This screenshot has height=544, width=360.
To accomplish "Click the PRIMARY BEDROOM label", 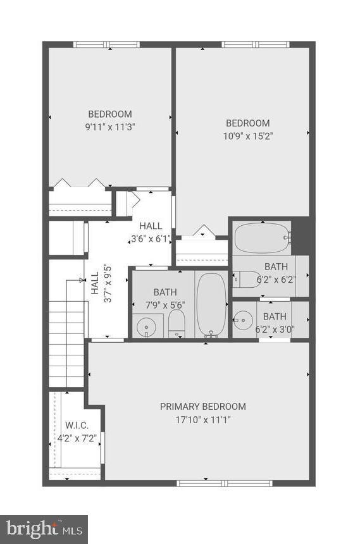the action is click(202, 407).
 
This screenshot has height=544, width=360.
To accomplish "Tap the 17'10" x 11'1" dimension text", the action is click(203, 420).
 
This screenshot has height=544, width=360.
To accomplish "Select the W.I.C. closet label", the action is click(77, 425).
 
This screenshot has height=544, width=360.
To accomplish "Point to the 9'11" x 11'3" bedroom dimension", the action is click(110, 127).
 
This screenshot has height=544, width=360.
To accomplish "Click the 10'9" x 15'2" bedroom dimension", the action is click(248, 136).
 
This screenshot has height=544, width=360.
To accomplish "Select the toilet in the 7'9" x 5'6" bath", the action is click(177, 323).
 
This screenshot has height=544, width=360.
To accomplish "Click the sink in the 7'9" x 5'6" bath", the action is click(147, 327).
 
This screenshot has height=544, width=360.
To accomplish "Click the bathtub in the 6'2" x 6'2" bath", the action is click(263, 238).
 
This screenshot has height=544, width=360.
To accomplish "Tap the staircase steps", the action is click(66, 343).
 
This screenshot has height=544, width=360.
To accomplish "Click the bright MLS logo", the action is click(44, 529).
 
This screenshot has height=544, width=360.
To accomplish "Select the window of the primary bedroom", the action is click(224, 483).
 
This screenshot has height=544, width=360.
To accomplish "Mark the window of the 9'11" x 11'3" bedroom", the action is click(106, 44).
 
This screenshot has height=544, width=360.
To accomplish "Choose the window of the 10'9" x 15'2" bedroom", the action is click(256, 44).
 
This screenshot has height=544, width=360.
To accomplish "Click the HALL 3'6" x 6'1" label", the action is click(151, 232).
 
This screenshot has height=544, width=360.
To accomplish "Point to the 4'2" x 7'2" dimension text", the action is click(77, 438).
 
